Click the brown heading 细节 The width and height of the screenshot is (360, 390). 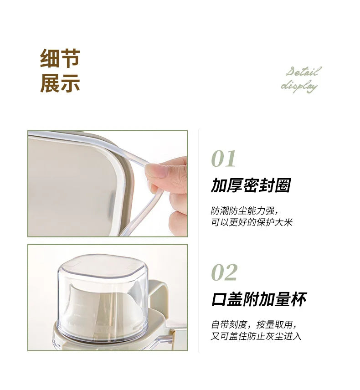coord(60,59)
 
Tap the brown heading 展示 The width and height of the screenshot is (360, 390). coord(60,83)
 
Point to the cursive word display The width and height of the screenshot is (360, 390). coord(299,85)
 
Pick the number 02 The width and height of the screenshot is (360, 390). coord(224,272)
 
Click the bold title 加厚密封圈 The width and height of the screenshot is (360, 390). coord(250,185)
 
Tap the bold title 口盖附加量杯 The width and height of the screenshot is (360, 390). coord(259,299)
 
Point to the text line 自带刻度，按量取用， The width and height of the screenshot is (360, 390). coord(255,325)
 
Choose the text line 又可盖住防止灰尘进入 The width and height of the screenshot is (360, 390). coord(256,336)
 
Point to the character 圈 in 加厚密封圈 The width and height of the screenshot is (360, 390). coord(282,185)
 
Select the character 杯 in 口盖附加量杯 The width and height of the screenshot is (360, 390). coord(298,299)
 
